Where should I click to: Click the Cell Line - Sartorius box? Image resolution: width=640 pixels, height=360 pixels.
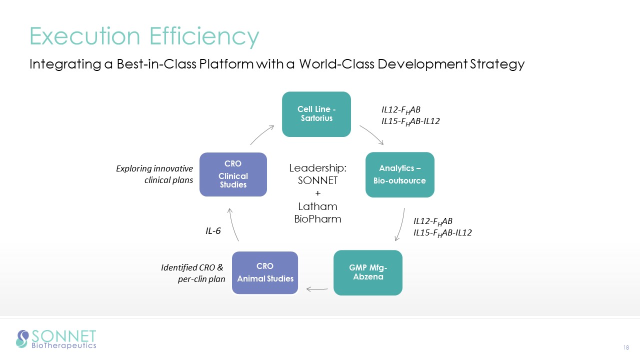click(316, 114)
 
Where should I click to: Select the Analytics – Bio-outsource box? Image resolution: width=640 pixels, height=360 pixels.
click(400, 174)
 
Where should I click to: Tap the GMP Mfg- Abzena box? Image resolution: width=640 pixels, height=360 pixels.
click(368, 272)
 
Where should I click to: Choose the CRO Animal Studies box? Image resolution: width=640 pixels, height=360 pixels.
click(265, 272)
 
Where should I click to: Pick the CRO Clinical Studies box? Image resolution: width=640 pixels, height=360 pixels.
click(233, 174)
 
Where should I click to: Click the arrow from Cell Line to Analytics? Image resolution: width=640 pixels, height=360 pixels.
click(370, 134)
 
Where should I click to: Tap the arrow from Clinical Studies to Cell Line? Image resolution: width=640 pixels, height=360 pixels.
click(262, 134)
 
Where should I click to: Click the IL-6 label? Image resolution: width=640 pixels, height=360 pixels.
click(213, 231)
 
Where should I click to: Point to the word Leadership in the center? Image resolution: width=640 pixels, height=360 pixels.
click(318, 168)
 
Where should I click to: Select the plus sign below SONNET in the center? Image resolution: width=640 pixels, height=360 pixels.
click(318, 193)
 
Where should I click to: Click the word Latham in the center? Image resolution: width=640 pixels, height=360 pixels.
click(318, 206)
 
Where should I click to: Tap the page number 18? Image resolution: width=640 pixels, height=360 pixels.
click(625, 348)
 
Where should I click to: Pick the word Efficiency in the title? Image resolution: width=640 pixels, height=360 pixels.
click(204, 36)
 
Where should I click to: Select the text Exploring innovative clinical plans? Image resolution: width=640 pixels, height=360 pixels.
click(154, 174)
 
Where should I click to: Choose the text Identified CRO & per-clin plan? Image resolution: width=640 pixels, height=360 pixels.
click(192, 273)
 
